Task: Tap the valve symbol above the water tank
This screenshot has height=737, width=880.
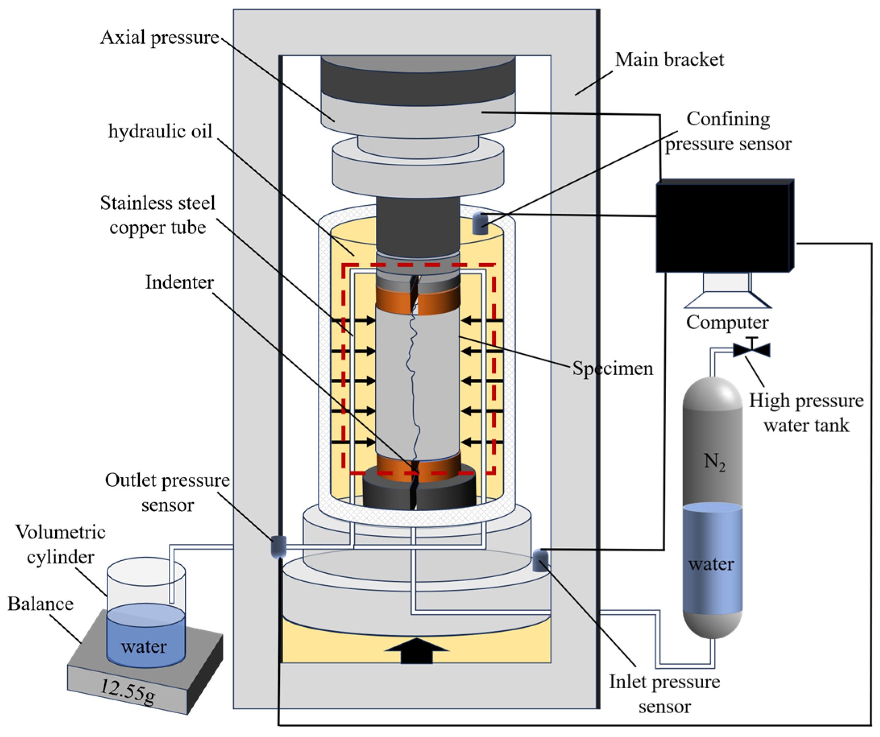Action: coord(752,349)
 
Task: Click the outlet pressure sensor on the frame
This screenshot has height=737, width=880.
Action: coord(279,547)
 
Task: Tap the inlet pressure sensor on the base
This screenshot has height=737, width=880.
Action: coord(540,561)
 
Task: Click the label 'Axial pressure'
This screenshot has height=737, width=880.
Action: coord(159,37)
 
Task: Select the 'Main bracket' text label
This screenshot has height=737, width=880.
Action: coord(669,60)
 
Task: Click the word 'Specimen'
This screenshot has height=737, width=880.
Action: coord(613,369)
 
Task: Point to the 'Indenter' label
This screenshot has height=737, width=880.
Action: coord(179,282)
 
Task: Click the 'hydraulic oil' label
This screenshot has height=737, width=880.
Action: coord(161,131)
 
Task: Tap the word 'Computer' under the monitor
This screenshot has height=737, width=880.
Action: coord(727,322)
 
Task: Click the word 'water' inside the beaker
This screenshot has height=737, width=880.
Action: coord(144,646)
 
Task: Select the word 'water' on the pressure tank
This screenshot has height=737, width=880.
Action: coord(711,564)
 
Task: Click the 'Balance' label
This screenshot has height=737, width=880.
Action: coord(41,604)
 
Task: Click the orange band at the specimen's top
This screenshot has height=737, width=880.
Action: coord(418,300)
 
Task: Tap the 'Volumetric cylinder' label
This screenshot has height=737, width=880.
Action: coord(61,544)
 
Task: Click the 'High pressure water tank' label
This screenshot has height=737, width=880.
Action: coord(806,413)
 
